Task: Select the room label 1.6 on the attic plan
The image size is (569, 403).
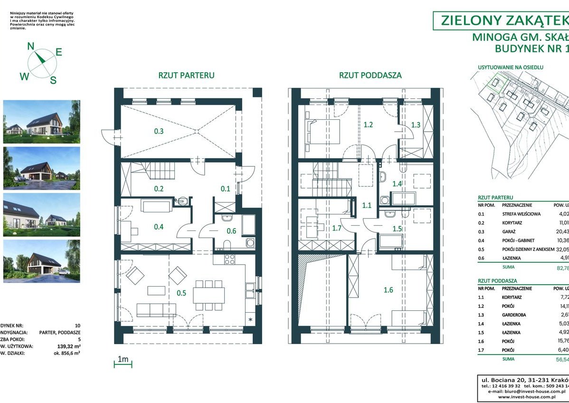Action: (388, 290)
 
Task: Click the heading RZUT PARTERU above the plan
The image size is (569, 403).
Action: (186, 75)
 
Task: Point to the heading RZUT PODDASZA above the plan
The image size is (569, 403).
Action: (370, 75)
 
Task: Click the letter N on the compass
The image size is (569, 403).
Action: (31, 46)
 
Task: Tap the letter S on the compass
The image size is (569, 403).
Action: (53, 80)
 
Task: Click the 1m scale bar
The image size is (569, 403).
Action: (123, 364)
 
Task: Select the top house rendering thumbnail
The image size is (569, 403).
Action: (42, 121)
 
